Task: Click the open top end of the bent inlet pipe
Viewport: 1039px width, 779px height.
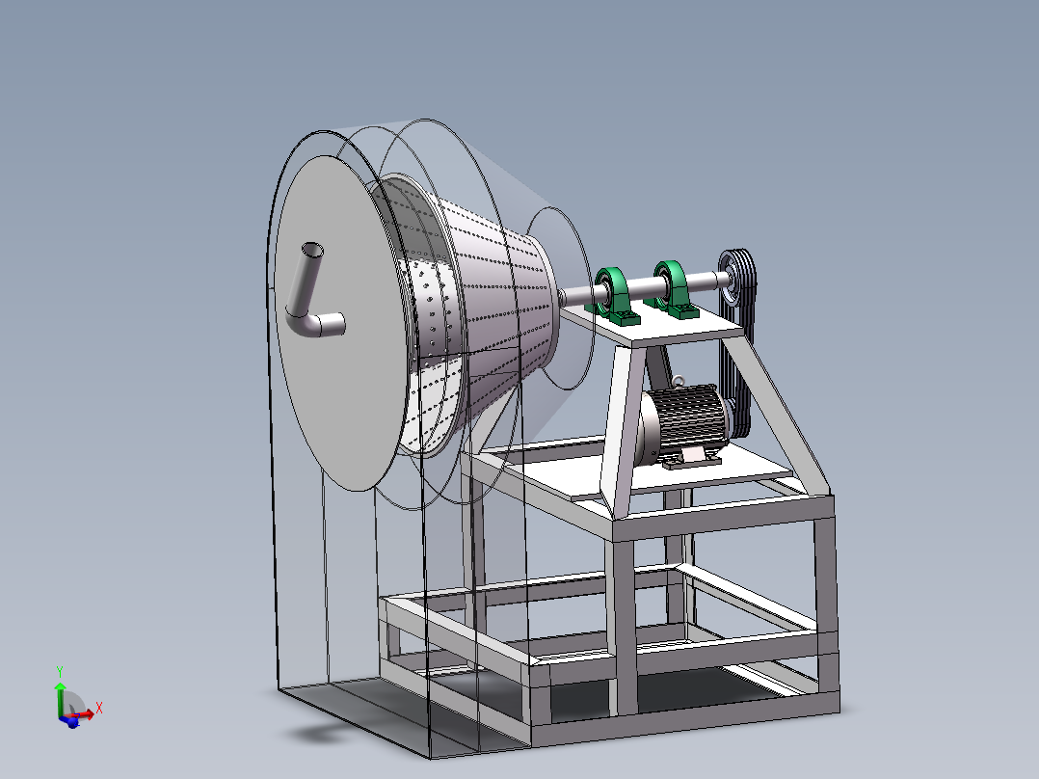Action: coord(312,250)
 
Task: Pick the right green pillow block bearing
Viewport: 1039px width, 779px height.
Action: coord(672,286)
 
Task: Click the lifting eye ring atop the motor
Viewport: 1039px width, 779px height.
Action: coord(679,382)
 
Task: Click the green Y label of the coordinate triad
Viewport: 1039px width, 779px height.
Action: coord(60,670)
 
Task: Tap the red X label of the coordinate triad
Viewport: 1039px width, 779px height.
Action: coord(99,708)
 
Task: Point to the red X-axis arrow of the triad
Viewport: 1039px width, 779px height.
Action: coord(84,714)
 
